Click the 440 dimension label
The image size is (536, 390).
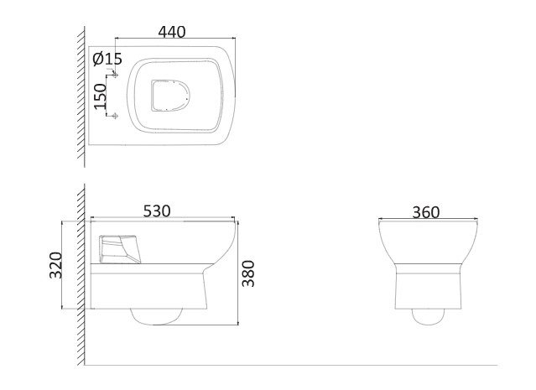(x=171, y=32)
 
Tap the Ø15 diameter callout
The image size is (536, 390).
(x=107, y=59)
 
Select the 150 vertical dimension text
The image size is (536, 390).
(x=101, y=96)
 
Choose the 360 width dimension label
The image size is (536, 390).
(x=426, y=212)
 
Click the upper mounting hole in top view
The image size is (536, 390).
(x=116, y=75)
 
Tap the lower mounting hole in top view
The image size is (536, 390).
(x=116, y=115)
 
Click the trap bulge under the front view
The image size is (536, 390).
(x=428, y=317)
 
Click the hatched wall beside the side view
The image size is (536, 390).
(x=83, y=268)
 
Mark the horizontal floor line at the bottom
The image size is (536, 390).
(x=294, y=366)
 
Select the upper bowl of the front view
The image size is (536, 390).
(x=428, y=243)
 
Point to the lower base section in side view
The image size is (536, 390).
(x=147, y=291)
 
